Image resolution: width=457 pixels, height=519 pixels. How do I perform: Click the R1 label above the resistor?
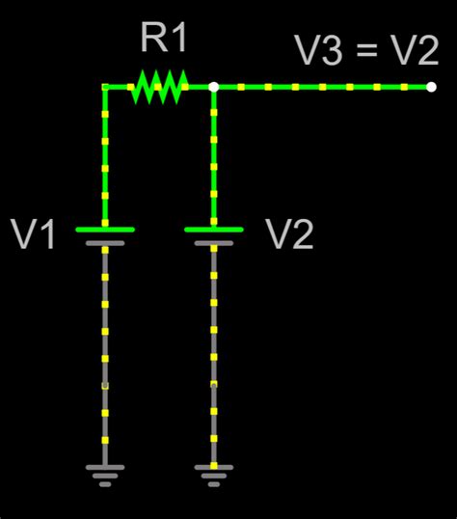[x=164, y=40]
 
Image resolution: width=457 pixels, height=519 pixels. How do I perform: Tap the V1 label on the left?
[x=34, y=234]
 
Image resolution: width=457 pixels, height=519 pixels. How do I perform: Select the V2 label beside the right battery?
[x=290, y=234]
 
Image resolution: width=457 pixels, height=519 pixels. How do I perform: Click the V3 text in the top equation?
[x=318, y=51]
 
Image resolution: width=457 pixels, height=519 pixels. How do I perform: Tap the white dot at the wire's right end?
[x=431, y=87]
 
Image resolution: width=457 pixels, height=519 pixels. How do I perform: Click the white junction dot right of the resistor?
[x=213, y=87]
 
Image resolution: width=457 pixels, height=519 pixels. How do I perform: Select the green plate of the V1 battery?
[x=105, y=230]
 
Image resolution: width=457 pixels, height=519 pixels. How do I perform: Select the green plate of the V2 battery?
[x=213, y=230]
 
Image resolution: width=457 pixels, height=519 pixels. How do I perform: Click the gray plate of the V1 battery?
[x=105, y=243]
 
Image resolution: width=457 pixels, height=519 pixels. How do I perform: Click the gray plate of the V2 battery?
[x=213, y=243]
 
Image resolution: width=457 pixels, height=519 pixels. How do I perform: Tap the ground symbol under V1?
[x=105, y=474]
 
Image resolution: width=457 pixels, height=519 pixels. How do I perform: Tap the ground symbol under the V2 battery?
[x=213, y=474]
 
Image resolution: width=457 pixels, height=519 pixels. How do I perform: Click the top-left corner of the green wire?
[x=105, y=87]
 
